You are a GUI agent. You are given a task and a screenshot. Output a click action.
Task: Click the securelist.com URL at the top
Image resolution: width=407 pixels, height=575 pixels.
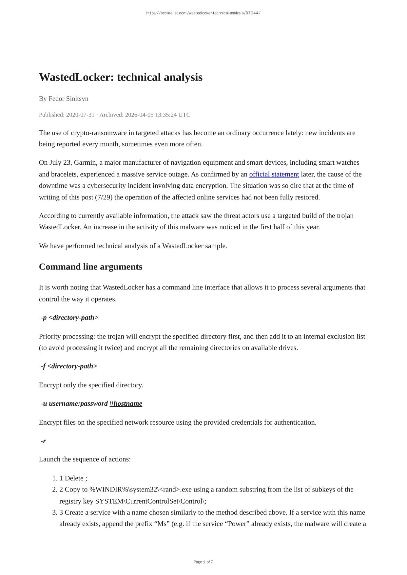pyautogui.click(x=203, y=13)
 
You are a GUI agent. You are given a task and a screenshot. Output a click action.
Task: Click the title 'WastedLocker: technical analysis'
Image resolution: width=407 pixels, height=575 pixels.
pyautogui.click(x=121, y=77)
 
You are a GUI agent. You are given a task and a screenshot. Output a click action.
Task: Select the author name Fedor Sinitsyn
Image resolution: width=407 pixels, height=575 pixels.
pyautogui.click(x=68, y=99)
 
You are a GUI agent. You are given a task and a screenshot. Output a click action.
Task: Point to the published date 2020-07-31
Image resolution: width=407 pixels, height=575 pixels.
pyautogui.click(x=80, y=115)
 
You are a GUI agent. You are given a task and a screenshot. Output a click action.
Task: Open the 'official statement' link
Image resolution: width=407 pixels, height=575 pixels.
pyautogui.click(x=274, y=174)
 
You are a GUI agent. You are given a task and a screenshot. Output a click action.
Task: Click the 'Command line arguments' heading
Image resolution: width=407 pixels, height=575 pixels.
pyautogui.click(x=90, y=267)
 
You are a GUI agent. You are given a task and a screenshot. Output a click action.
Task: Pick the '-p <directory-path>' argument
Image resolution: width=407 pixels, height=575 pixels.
pyautogui.click(x=69, y=318)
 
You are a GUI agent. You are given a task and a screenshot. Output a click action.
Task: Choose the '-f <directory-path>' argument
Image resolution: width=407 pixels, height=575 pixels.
pyautogui.click(x=69, y=366)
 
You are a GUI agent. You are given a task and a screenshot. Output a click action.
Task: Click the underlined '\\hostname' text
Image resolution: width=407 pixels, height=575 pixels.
pyautogui.click(x=126, y=403)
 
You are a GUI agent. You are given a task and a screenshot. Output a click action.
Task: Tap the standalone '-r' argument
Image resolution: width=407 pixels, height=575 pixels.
pyautogui.click(x=43, y=441)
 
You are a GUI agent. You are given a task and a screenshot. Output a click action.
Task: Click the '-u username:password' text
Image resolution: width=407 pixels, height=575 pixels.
pyautogui.click(x=74, y=403)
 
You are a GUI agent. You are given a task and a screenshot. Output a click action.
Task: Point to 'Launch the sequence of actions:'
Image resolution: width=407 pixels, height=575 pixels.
pyautogui.click(x=85, y=459)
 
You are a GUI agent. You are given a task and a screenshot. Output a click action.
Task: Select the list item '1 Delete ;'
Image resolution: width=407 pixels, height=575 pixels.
pyautogui.click(x=73, y=478)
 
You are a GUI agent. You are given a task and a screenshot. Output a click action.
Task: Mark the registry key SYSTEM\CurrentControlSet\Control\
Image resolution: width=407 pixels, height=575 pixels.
pyautogui.click(x=150, y=501)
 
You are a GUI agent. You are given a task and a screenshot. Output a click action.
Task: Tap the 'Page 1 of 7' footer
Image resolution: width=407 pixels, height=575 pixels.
pyautogui.click(x=203, y=562)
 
